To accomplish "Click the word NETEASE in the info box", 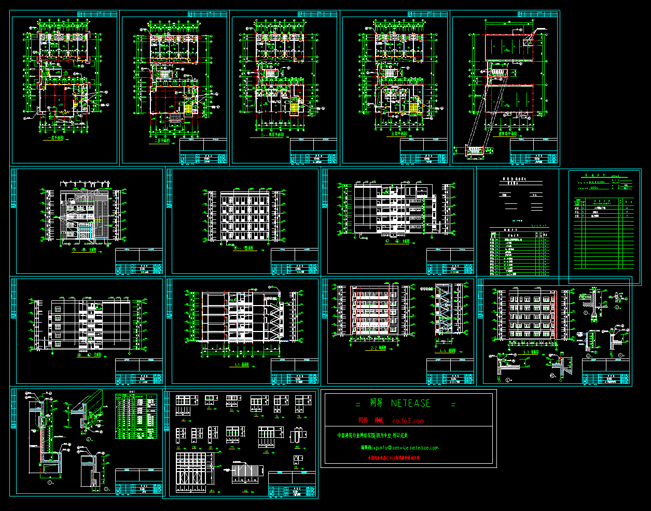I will click(410, 403).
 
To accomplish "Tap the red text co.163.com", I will click(409, 421).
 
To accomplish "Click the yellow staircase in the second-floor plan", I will click(187, 108).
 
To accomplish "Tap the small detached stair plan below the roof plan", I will click(474, 150).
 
